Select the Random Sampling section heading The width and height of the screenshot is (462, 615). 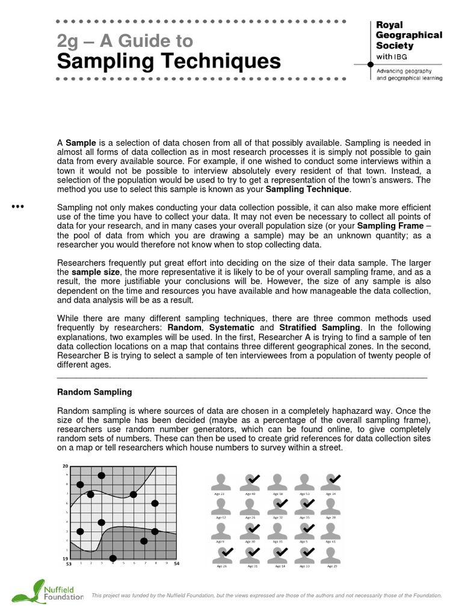[x=94, y=392]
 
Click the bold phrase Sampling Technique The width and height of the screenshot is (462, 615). [x=307, y=189]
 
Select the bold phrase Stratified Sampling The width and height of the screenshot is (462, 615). [x=320, y=327]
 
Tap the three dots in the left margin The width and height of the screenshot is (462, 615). [x=17, y=207]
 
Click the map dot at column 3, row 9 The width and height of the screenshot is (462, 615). [x=102, y=476]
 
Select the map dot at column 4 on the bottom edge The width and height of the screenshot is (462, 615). [x=112, y=559]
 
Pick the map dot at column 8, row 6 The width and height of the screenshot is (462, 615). [x=155, y=503]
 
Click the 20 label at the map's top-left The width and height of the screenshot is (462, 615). [x=65, y=466]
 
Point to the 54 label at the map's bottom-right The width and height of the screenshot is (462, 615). [x=176, y=564]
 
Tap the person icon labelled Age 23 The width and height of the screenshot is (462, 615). [x=221, y=482]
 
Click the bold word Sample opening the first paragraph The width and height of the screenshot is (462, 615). [x=77, y=142]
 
